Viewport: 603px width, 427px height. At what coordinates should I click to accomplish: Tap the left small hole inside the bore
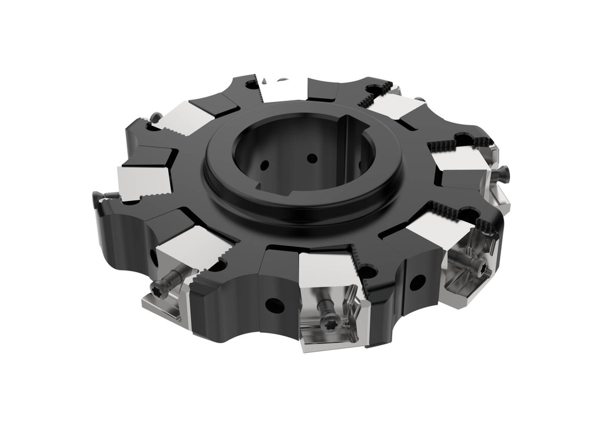click(264, 165)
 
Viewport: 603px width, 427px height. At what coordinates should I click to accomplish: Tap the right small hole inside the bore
click(312, 158)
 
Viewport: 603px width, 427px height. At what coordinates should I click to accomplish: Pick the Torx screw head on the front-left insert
click(158, 288)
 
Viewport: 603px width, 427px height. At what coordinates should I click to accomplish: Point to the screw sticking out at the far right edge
click(503, 172)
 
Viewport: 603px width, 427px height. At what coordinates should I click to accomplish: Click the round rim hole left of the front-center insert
click(274, 305)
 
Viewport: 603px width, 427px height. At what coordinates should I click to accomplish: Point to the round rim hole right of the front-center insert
click(417, 283)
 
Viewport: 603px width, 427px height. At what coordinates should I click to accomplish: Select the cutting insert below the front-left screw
click(161, 306)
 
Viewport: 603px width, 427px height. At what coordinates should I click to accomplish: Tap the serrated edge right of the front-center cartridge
click(361, 276)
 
